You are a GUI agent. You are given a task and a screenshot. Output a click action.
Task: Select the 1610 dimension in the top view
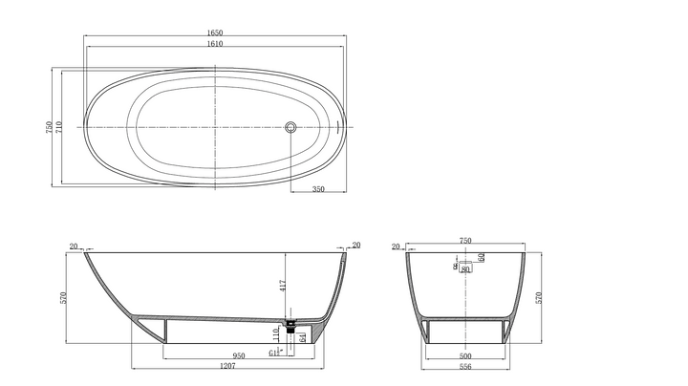click(215, 45)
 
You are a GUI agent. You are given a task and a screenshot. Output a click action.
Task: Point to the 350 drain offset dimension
click(318, 189)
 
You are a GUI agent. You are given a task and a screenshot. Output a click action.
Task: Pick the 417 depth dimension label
click(282, 285)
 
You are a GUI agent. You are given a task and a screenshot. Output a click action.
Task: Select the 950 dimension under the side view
click(211, 355)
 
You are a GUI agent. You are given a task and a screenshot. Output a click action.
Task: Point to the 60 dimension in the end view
click(482, 256)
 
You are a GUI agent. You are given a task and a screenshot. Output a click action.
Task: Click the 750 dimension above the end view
click(465, 242)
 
